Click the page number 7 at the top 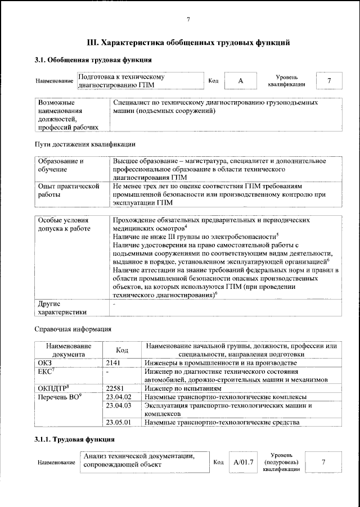coord(188,20)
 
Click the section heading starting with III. coord(189,42)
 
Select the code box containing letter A coord(240,80)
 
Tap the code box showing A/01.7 coord(243,462)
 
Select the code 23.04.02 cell coord(118,397)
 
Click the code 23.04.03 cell coord(118,405)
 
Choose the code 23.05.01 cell coord(118,422)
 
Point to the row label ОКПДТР coord(53,388)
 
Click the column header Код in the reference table coord(122,350)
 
